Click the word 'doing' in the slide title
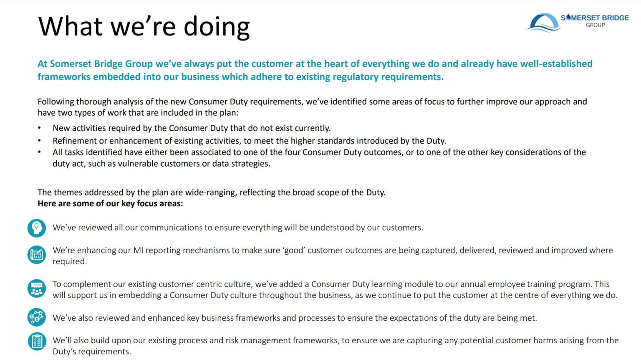click(x=217, y=27)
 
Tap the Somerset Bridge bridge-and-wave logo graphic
click(x=543, y=23)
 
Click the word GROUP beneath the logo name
click(x=595, y=25)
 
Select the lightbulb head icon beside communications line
click(x=37, y=228)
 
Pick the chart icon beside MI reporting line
click(x=37, y=254)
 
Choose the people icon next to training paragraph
click(x=37, y=289)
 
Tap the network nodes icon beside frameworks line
click(x=37, y=317)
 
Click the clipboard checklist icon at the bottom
click(x=37, y=341)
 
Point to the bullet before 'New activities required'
click(x=40, y=128)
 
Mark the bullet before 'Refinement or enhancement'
click(x=40, y=141)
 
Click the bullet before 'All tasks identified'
click(x=40, y=152)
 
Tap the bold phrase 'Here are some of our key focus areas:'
click(x=110, y=204)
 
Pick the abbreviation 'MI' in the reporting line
click(x=138, y=251)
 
